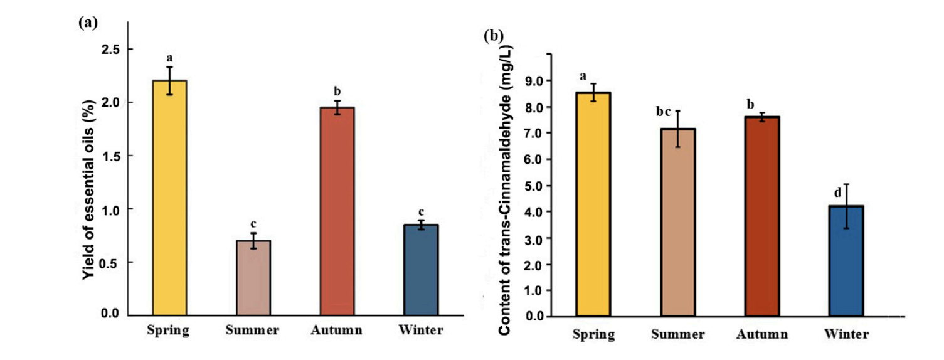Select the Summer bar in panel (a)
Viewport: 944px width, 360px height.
pos(253,277)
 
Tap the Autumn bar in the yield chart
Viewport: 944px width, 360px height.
pos(337,211)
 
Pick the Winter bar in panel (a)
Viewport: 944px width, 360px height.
pos(421,270)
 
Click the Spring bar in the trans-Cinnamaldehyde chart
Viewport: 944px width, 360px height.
pos(593,204)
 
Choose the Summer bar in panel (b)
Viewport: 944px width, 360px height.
pos(677,222)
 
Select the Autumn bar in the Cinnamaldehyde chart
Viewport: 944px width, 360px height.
pos(761,216)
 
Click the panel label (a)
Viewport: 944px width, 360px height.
pos(88,23)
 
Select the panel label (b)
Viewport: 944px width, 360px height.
pos(492,36)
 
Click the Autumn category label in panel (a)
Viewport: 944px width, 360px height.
pos(337,331)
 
